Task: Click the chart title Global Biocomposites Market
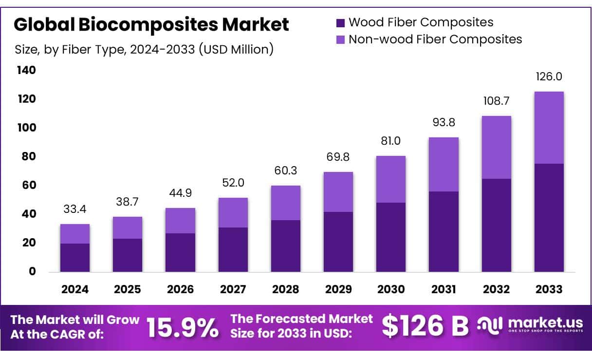[151, 24]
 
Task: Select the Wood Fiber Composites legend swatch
[341, 22]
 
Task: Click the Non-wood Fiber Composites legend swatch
[341, 39]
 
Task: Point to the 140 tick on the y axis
[27, 70]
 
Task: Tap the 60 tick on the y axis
[29, 185]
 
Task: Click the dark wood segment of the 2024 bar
[75, 257]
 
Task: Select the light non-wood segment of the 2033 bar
[549, 128]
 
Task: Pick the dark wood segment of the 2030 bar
[391, 237]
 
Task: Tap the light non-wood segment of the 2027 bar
[233, 212]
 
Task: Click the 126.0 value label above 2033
[549, 77]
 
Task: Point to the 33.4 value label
[75, 209]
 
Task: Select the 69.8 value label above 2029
[338, 157]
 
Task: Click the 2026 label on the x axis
[180, 289]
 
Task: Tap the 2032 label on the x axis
[496, 289]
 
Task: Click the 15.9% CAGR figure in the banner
[183, 328]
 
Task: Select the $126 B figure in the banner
[425, 326]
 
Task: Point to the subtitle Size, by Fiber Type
[144, 50]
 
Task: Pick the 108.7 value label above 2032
[496, 101]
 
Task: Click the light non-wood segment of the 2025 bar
[128, 227]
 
